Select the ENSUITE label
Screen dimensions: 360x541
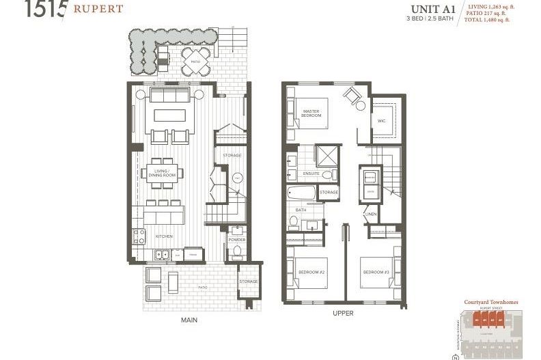pos(311,174)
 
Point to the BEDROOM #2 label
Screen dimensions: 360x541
pos(311,273)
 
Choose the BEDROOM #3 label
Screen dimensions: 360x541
pos(376,273)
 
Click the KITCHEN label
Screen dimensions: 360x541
pos(163,236)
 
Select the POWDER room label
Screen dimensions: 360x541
pos(237,240)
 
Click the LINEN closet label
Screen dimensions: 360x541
pos(371,214)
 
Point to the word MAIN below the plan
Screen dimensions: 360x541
pos(189,319)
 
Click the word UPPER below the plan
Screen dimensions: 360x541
pos(343,314)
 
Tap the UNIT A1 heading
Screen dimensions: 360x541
pos(433,9)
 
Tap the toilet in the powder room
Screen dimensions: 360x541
pos(237,253)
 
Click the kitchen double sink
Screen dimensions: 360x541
pos(163,255)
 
